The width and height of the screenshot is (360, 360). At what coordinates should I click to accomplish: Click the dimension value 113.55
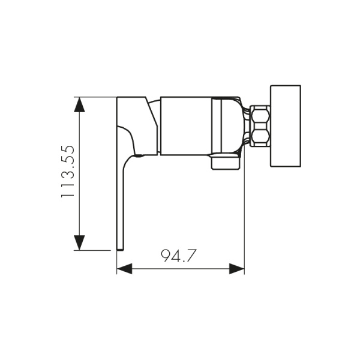tap(68, 173)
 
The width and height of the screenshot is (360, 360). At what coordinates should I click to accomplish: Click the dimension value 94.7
tap(179, 256)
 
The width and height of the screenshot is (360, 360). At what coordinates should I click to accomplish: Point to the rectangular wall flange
tap(285, 126)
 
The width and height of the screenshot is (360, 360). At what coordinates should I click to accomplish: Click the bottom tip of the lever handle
tap(120, 246)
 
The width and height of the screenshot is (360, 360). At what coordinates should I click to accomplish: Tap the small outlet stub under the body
tap(225, 162)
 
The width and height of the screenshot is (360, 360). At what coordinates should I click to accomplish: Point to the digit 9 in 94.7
tap(166, 256)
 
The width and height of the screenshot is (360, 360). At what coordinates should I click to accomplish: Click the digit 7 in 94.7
tap(191, 256)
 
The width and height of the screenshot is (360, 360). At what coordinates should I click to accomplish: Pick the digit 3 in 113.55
tap(68, 176)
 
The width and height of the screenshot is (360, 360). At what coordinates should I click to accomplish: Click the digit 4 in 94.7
tap(177, 256)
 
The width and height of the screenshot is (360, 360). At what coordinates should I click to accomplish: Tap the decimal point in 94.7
tap(184, 262)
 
